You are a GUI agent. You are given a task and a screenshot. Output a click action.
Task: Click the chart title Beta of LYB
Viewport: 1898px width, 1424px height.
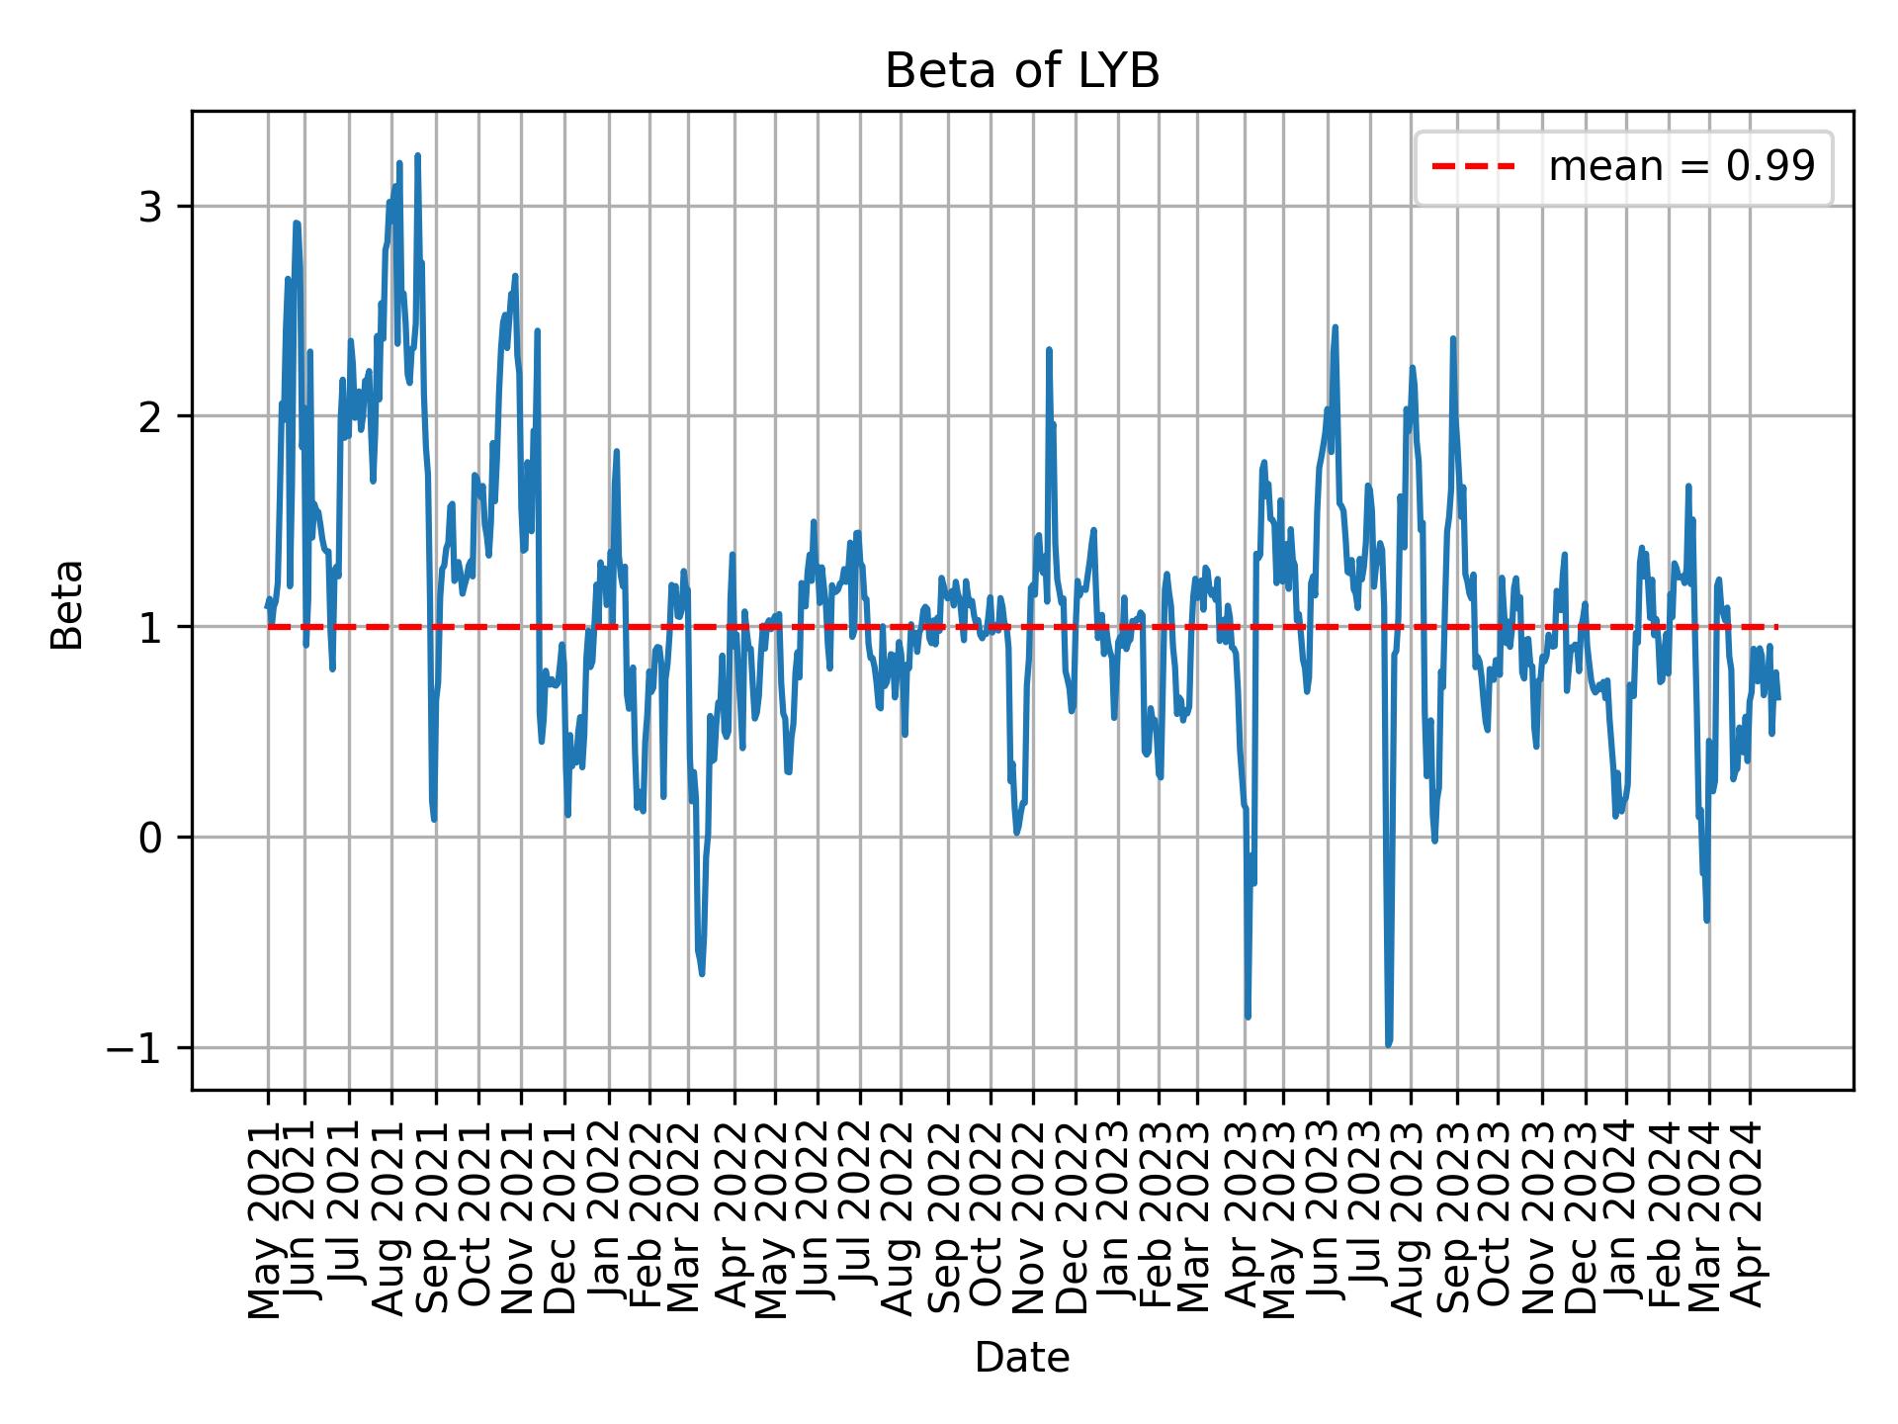[1021, 71]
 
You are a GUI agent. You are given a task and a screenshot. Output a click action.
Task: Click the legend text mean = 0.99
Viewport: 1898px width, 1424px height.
[1682, 167]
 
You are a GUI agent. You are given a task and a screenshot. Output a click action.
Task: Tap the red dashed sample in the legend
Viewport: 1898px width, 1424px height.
[1473, 167]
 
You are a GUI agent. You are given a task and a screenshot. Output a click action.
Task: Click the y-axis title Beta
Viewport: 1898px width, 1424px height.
[67, 604]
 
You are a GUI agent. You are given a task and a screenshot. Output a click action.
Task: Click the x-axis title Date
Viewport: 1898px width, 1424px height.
[1021, 1358]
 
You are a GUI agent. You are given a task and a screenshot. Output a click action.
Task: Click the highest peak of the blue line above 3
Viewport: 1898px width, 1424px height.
[418, 155]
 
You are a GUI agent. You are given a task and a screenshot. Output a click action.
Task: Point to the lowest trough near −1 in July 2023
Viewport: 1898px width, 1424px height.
[1388, 1044]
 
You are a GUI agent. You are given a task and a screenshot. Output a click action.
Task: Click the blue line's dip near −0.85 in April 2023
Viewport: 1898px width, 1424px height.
[1248, 1017]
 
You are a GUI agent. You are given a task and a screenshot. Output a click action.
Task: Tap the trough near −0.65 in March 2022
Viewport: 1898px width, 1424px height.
[702, 974]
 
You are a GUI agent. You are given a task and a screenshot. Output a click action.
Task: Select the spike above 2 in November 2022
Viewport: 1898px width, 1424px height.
[1049, 349]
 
